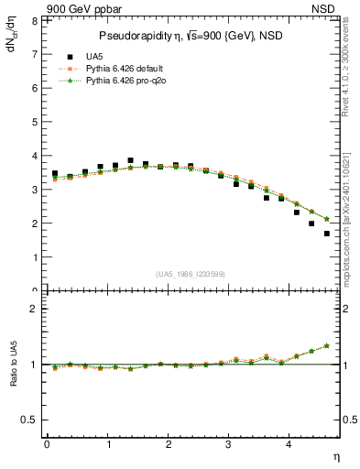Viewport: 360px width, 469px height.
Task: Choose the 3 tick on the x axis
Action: tap(229, 444)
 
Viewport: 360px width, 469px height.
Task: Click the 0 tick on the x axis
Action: tap(47, 444)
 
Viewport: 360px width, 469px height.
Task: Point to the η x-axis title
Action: tap(335, 456)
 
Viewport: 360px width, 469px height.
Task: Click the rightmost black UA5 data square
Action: tap(327, 234)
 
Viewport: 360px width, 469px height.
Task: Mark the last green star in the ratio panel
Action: tap(327, 345)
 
